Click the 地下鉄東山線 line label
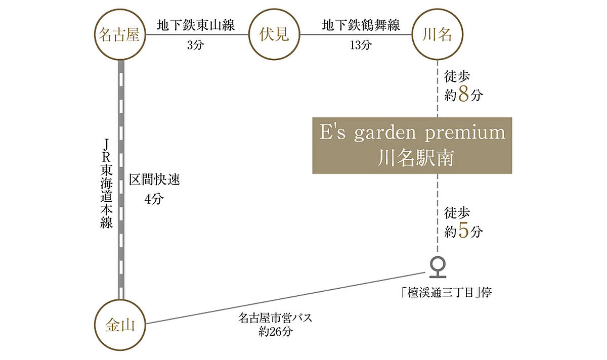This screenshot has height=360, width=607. click(196, 25)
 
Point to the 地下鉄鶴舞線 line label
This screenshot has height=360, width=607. click(361, 25)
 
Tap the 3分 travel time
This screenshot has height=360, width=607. click(195, 45)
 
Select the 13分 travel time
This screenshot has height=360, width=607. click(361, 45)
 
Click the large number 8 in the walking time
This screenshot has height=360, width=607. click(463, 94)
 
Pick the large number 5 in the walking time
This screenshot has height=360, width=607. click(463, 231)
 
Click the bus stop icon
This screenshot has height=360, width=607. click(438, 267)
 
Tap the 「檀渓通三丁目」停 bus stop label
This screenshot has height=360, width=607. click(446, 293)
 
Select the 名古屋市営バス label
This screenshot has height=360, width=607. click(275, 318)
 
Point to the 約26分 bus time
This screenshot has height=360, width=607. click(276, 331)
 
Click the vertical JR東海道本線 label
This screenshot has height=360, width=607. click(106, 184)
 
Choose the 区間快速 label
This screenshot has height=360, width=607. click(154, 179)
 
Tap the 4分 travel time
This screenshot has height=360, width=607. click(154, 199)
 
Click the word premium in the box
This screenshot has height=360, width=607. click(465, 133)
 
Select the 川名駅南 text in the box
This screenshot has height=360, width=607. click(416, 158)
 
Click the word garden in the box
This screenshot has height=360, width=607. click(385, 133)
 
